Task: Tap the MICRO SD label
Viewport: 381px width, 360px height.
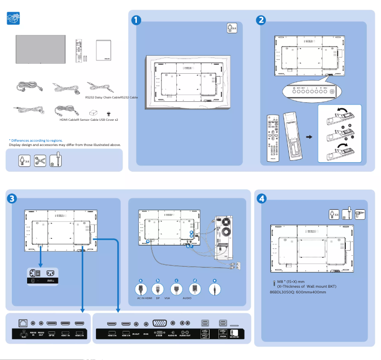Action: pyautogui.click(x=234, y=336)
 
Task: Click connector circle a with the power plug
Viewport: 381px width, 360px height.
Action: pyautogui.click(x=140, y=288)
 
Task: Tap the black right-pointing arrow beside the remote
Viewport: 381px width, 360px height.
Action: pyautogui.click(x=309, y=137)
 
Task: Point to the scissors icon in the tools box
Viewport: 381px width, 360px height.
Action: pyautogui.click(x=40, y=160)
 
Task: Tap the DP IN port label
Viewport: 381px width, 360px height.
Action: pyautogui.click(x=52, y=335)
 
